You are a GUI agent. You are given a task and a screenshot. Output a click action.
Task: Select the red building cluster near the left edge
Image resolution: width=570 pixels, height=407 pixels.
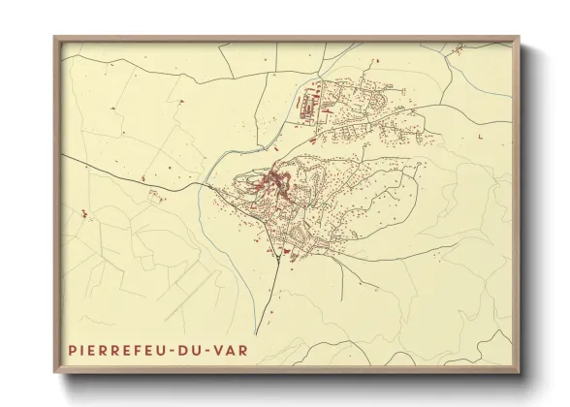(82, 211)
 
